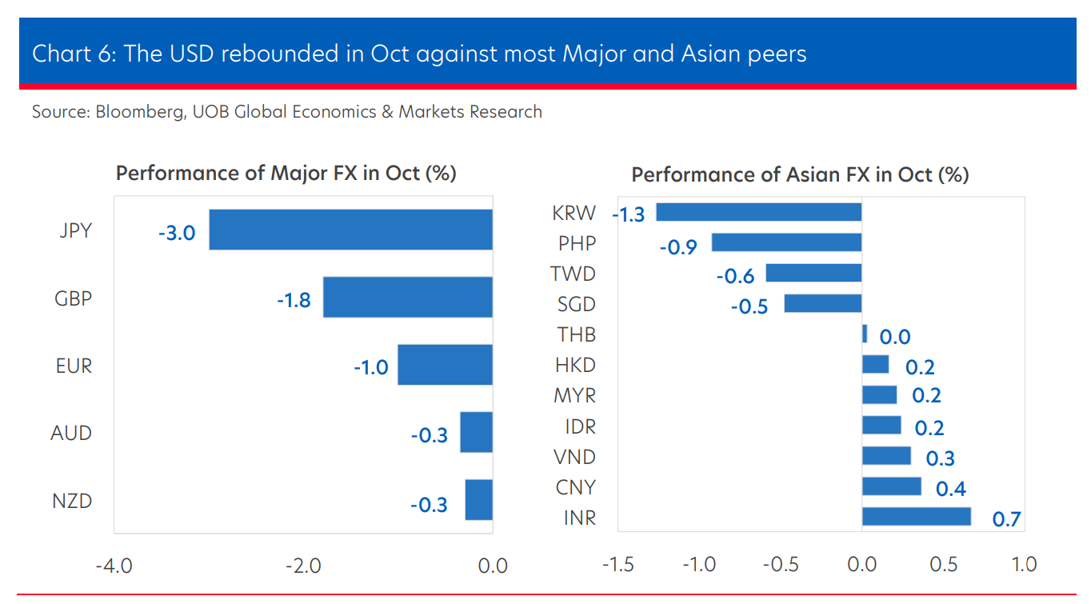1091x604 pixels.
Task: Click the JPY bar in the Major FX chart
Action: point(350,230)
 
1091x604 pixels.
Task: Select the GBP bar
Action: point(407,297)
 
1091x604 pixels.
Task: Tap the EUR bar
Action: point(445,365)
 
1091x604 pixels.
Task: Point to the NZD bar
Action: point(478,500)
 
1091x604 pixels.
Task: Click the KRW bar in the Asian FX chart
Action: point(758,212)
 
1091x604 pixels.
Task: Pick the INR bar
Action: point(916,517)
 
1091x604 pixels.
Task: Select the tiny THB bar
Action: point(865,334)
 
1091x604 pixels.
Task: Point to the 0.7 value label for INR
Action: point(1007,519)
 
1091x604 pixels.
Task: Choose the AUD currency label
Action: point(71,434)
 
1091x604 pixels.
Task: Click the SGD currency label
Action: point(576,304)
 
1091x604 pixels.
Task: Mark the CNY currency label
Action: point(575,487)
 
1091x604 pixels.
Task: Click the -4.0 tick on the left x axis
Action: point(114,566)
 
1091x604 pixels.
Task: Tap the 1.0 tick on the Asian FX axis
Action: point(1024,564)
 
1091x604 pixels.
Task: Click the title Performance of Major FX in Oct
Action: point(286,173)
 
